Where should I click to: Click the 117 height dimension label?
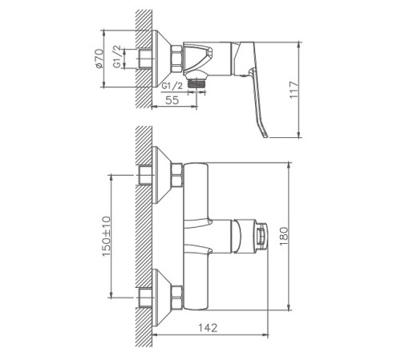294,90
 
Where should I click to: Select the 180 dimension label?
284,237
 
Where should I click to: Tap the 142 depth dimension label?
208,327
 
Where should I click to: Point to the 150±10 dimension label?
107,236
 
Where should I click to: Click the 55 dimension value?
172,100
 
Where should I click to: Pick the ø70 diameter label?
99,59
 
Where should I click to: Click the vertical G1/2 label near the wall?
117,57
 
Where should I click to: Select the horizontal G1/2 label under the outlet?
172,86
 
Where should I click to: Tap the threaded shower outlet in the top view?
197,83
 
